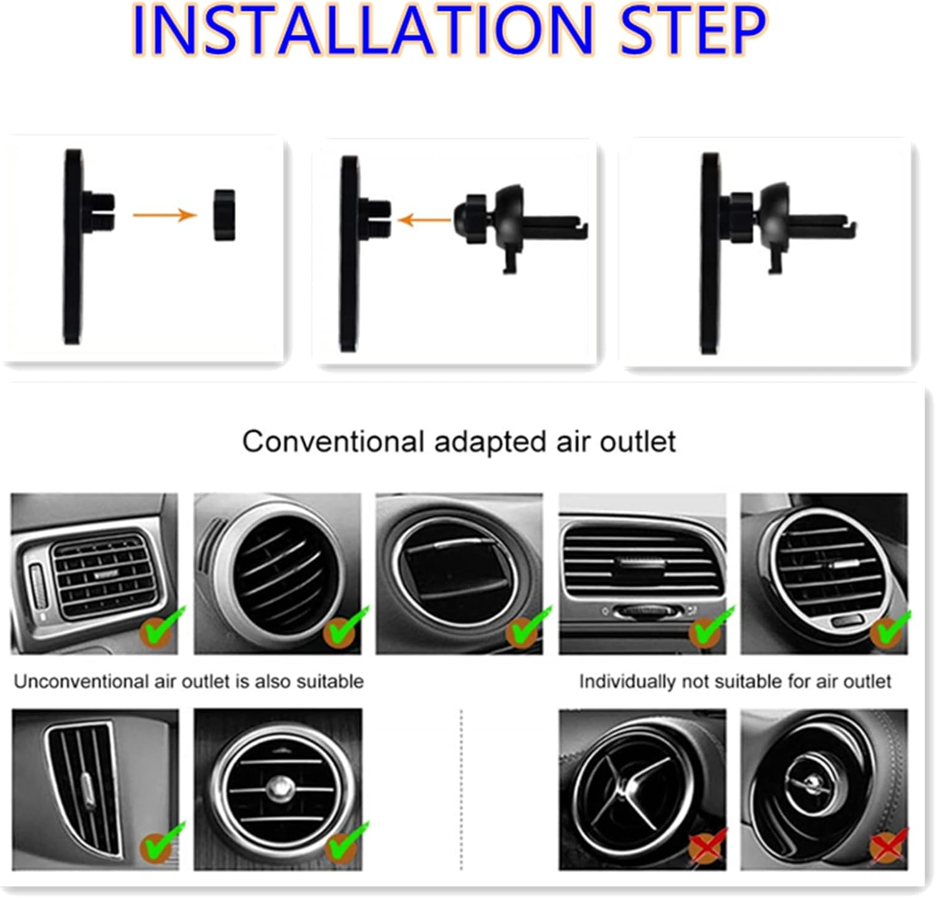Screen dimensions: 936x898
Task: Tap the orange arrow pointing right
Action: click(x=165, y=215)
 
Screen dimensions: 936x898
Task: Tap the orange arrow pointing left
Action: click(x=424, y=220)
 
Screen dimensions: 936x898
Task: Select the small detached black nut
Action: click(x=224, y=215)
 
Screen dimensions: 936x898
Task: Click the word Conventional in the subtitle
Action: click(x=333, y=442)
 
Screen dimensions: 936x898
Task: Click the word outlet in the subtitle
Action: click(x=637, y=442)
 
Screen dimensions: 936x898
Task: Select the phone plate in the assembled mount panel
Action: click(x=709, y=253)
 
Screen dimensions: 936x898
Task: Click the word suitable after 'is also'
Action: click(x=329, y=681)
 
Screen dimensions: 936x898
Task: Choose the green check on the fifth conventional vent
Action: click(x=889, y=628)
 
